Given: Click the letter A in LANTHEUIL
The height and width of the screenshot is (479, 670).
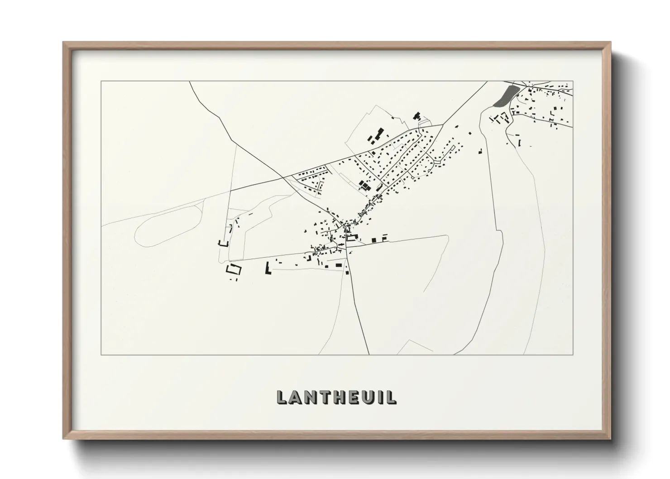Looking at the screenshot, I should (x=296, y=397).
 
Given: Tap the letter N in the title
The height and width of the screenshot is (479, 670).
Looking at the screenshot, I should (x=310, y=397).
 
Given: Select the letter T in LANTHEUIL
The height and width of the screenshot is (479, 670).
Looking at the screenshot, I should (x=324, y=397).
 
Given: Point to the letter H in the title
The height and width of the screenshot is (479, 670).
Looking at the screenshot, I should (x=338, y=397).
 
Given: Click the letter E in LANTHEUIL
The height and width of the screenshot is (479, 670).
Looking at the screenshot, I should (x=352, y=397).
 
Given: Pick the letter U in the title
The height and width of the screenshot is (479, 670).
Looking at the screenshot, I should (x=366, y=397).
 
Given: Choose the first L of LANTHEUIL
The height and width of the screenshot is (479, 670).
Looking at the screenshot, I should (x=282, y=397).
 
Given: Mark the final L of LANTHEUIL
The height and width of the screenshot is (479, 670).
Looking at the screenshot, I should (x=390, y=397).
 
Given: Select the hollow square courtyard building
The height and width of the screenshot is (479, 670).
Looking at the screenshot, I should (x=234, y=269).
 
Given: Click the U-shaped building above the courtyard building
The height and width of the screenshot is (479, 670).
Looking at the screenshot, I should (x=222, y=243).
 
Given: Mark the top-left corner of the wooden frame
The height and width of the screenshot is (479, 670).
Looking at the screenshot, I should (x=63, y=43).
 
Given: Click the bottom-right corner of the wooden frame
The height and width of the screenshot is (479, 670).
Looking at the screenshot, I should (x=610, y=439).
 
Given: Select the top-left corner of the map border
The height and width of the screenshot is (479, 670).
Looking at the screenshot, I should (x=101, y=81).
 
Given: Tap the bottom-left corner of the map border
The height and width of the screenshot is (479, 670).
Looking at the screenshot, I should (x=101, y=354).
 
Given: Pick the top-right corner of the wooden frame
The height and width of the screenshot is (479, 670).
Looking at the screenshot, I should (x=610, y=43).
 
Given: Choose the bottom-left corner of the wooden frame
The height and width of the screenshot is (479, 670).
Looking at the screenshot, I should (x=63, y=439).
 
